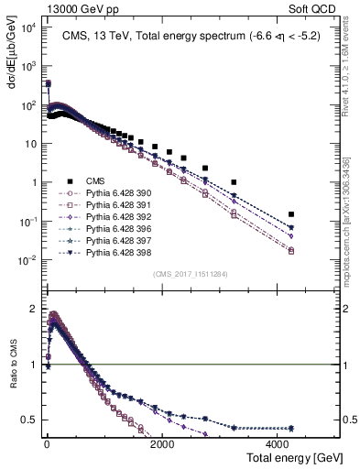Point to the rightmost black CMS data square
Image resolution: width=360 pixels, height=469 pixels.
tap(291, 214)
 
